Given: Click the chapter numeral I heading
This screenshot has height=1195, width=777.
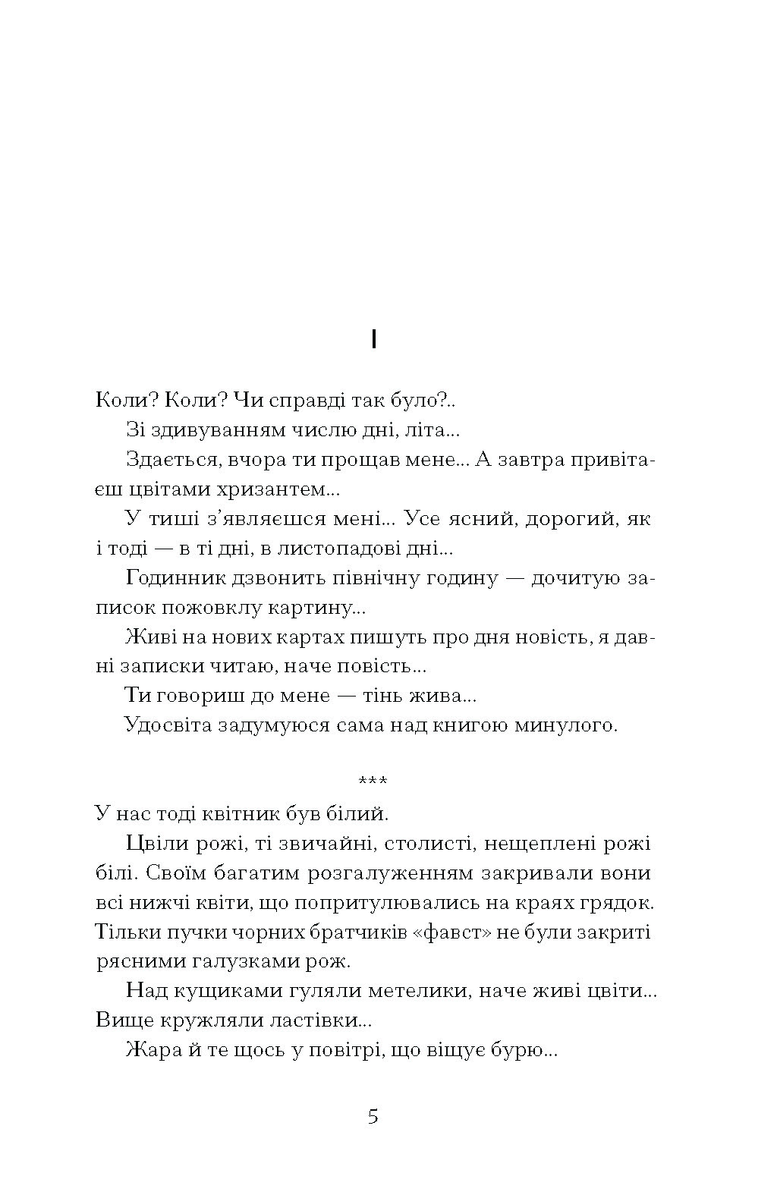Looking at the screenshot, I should pos(373,341).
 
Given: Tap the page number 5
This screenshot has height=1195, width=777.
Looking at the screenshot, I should pos(373,1117).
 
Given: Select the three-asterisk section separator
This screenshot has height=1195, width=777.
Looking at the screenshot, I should pos(373,780).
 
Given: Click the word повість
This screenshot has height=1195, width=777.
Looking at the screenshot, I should pos(385,666).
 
